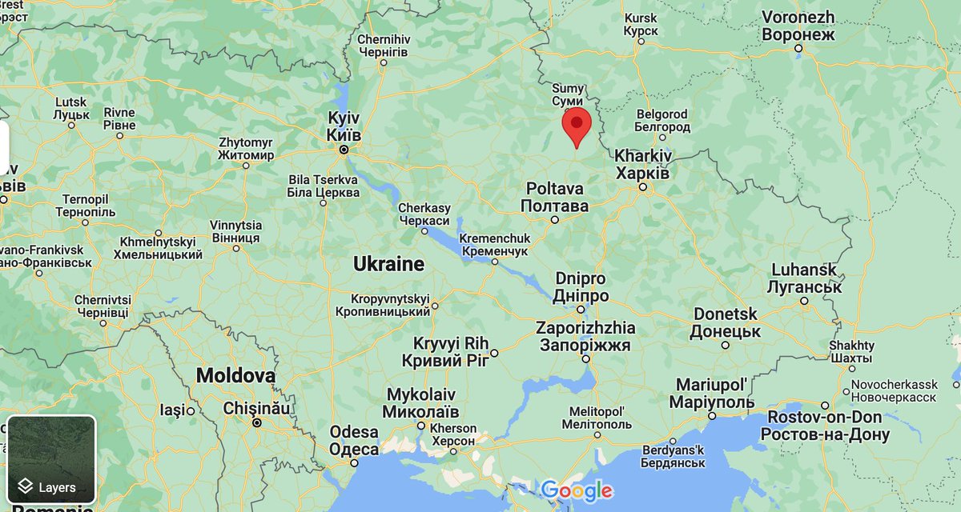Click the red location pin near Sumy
click(577, 126)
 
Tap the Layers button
click(52, 460)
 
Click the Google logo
click(577, 490)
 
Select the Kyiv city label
click(344, 126)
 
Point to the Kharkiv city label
click(642, 164)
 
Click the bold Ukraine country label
click(388, 264)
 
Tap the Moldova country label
click(235, 375)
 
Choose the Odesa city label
click(353, 441)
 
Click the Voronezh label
click(798, 26)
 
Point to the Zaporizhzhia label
click(585, 337)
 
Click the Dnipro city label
click(581, 287)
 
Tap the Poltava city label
click(554, 197)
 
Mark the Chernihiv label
click(383, 45)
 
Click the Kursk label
click(640, 24)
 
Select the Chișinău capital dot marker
click(256, 423)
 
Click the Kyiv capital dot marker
click(344, 150)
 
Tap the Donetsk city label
click(726, 322)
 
